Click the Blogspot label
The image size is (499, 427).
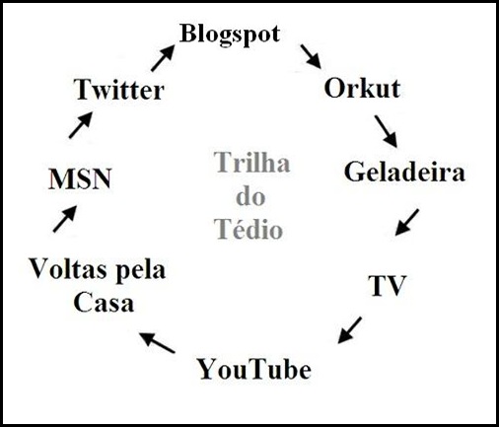[x=230, y=36]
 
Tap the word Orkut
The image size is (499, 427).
[x=362, y=88]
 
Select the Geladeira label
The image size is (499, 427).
[x=404, y=172]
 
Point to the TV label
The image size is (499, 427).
[x=388, y=285]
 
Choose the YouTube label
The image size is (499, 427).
[x=254, y=369]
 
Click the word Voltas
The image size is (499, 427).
[x=69, y=269]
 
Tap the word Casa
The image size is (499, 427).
[x=104, y=303]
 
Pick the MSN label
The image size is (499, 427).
[x=80, y=179]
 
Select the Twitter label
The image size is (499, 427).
[x=119, y=90]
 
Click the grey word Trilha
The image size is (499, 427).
[x=252, y=162]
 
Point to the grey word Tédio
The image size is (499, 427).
[x=249, y=229]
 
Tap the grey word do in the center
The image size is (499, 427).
[x=250, y=196]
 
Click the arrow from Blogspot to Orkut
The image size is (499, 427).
[x=311, y=57]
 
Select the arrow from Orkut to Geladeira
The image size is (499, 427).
[x=386, y=131]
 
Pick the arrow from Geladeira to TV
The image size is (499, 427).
[x=407, y=222]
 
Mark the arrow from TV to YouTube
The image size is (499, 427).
[x=350, y=330]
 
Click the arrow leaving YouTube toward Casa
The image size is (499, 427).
[x=157, y=343]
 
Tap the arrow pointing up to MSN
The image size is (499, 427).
[x=65, y=219]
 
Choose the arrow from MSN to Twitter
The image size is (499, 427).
[x=81, y=124]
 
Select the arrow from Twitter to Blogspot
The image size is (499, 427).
[x=163, y=58]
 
